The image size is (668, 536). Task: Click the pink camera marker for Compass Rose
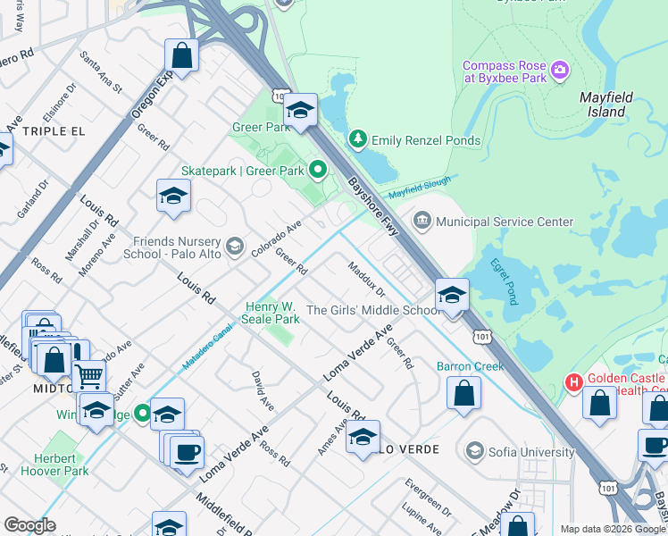click(x=560, y=69)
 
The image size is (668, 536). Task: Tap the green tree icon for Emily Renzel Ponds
click(x=358, y=139)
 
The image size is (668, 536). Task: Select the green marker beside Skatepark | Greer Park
click(x=317, y=169)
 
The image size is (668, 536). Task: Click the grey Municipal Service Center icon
click(x=422, y=221)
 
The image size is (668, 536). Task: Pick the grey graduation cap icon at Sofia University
click(x=473, y=451)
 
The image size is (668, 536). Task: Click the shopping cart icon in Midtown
click(x=88, y=376)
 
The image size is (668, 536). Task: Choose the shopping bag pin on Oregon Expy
click(x=181, y=55)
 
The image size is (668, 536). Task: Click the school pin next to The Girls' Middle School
click(x=453, y=295)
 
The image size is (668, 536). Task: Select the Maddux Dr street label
click(x=366, y=279)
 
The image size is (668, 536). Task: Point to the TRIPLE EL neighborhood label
click(x=54, y=130)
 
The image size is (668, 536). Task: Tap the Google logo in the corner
click(x=30, y=525)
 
